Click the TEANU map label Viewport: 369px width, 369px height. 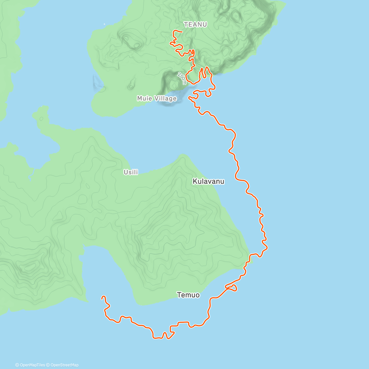195,24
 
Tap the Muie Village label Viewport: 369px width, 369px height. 157,98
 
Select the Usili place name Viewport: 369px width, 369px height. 131,172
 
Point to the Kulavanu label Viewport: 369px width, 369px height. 208,181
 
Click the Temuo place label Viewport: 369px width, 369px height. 188,295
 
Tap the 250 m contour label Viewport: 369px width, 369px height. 182,78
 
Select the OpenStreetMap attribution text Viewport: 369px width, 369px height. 64,365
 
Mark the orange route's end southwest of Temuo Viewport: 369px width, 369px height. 102,297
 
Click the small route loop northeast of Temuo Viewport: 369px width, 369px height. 233,288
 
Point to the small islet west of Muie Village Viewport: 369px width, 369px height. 98,82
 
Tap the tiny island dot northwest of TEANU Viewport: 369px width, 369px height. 105,24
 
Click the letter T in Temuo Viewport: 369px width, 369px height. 179,295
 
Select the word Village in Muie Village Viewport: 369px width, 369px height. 166,98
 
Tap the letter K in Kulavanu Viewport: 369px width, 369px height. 195,181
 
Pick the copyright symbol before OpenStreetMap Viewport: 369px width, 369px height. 48,365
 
